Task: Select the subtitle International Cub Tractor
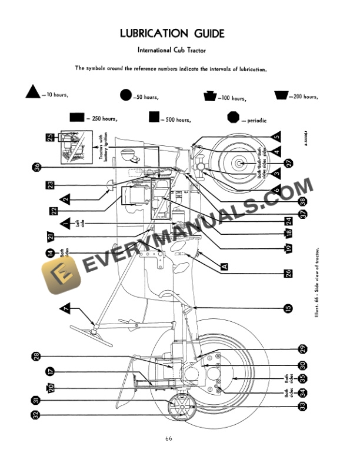179,50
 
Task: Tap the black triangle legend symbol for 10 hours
33,93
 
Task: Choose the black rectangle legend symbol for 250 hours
77,117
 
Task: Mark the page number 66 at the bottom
169,438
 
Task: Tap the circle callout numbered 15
288,308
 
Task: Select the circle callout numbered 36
37,167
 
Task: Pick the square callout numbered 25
50,137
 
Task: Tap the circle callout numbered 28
36,357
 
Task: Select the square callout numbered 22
54,210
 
